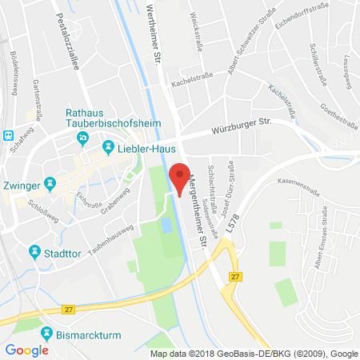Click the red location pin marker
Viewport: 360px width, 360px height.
coord(182,177)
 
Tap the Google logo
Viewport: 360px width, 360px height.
coord(26,350)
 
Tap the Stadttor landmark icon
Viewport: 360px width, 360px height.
coord(34,253)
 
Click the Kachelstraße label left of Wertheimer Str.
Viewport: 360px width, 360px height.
coord(189,82)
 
